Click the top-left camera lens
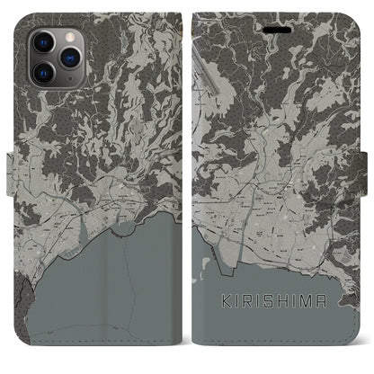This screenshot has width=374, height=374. pos(42,42)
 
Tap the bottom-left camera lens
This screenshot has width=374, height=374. pos(42,72)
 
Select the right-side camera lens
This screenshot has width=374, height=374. pos(70,57)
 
